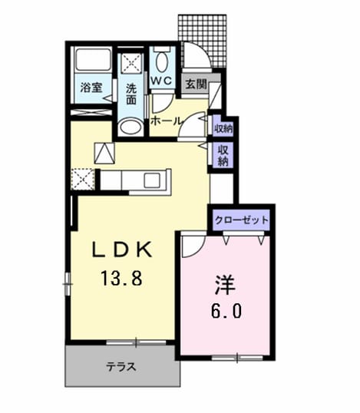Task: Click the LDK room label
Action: [x=122, y=249]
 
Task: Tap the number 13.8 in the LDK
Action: [x=122, y=279]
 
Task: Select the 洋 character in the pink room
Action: [x=225, y=285]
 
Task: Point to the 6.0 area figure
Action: [x=226, y=312]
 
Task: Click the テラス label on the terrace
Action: [x=121, y=367]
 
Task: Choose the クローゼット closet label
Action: [x=242, y=220]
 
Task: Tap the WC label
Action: [x=162, y=81]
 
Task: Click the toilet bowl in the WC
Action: [x=162, y=61]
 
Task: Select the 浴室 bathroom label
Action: [x=91, y=88]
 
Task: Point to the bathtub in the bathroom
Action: [x=93, y=60]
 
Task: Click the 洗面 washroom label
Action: [x=131, y=94]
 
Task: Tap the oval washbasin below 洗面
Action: [x=130, y=127]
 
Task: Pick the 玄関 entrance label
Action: [x=197, y=84]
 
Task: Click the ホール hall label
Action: [x=166, y=121]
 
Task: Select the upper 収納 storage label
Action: [x=223, y=129]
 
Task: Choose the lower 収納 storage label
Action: [x=223, y=156]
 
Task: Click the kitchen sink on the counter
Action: [x=152, y=180]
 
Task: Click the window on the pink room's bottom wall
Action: [x=237, y=358]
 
